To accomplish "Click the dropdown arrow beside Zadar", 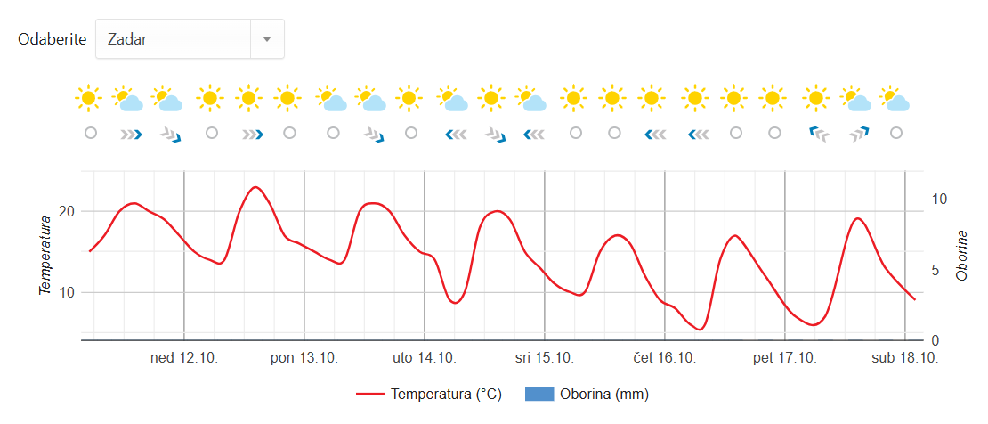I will pos(267,39).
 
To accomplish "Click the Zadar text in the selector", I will pos(126,39).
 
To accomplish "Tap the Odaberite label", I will pos(53,39).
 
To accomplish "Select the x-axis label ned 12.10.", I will pos(184,358).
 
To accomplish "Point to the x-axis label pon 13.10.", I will pos(304,358).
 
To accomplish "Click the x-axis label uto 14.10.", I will pos(425,358).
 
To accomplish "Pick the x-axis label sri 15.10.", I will pos(545,358).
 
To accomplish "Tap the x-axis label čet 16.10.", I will pos(665,358).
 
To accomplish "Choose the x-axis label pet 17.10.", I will pos(785,358).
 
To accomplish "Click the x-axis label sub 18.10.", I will pos(905,358).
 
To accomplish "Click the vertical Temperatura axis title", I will pos(45,255).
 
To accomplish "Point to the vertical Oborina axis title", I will pos(962,255).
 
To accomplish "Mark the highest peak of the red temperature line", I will pos(255,187).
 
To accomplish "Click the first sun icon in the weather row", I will pos(89,98).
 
